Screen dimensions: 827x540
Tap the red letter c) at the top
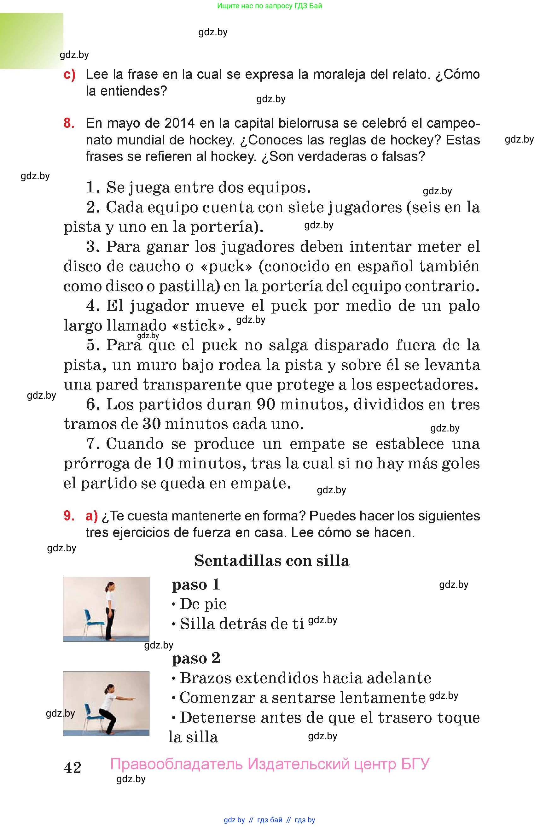(x=69, y=75)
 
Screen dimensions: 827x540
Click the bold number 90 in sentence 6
(x=266, y=404)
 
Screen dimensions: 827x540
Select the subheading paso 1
(x=196, y=584)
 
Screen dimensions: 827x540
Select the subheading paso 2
(x=196, y=658)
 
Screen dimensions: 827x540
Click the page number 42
(x=73, y=767)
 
